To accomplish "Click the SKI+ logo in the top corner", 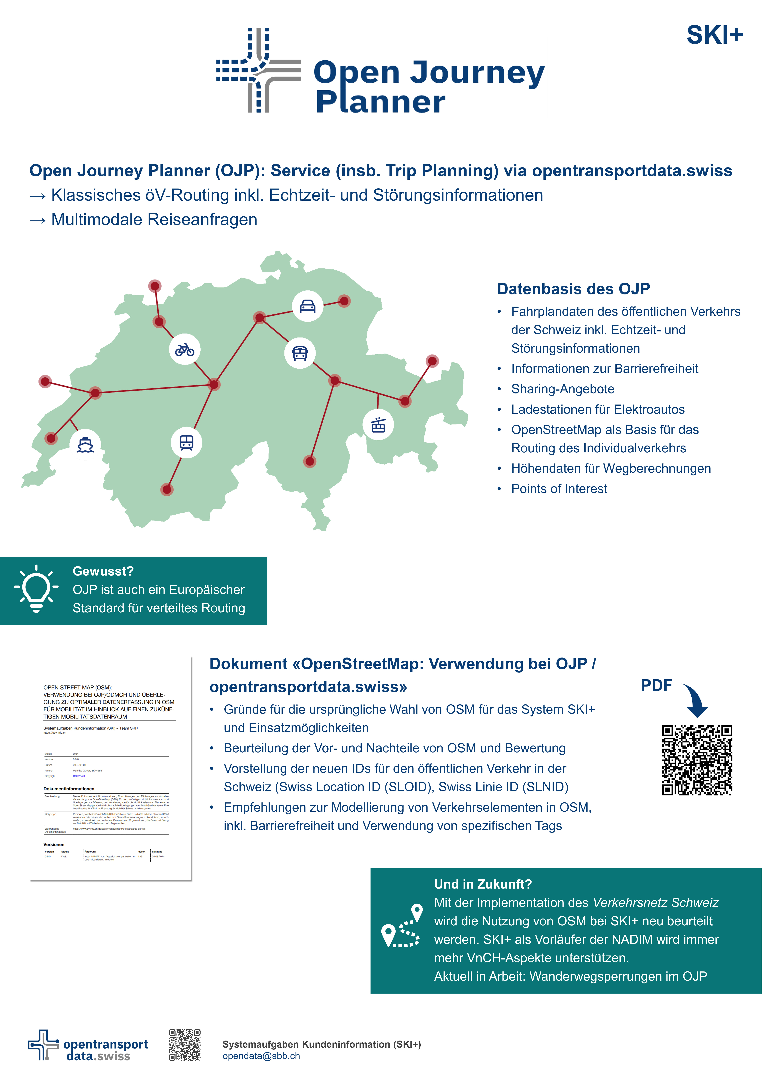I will tap(714, 35).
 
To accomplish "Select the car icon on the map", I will tap(308, 306).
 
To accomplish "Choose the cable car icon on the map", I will tap(378, 425).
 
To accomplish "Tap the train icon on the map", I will tap(186, 442).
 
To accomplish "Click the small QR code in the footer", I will tap(185, 1045).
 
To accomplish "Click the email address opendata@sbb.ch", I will tap(261, 1056).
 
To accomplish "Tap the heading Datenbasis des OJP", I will tap(573, 289).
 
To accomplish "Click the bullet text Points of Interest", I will tap(559, 489).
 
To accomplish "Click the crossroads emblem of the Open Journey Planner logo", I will tap(258, 70).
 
